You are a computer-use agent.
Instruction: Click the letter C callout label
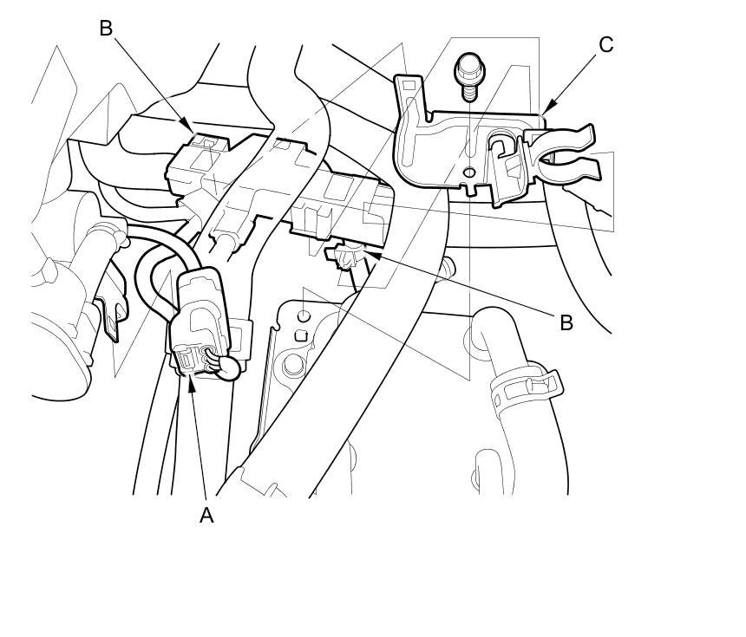[606, 45]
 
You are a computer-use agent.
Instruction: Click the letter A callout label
[206, 515]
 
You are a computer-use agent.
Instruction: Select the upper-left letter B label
[106, 29]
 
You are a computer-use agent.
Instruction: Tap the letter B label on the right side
[566, 322]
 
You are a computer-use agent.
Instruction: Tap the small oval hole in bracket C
[468, 172]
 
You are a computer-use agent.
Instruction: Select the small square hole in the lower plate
[303, 335]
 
